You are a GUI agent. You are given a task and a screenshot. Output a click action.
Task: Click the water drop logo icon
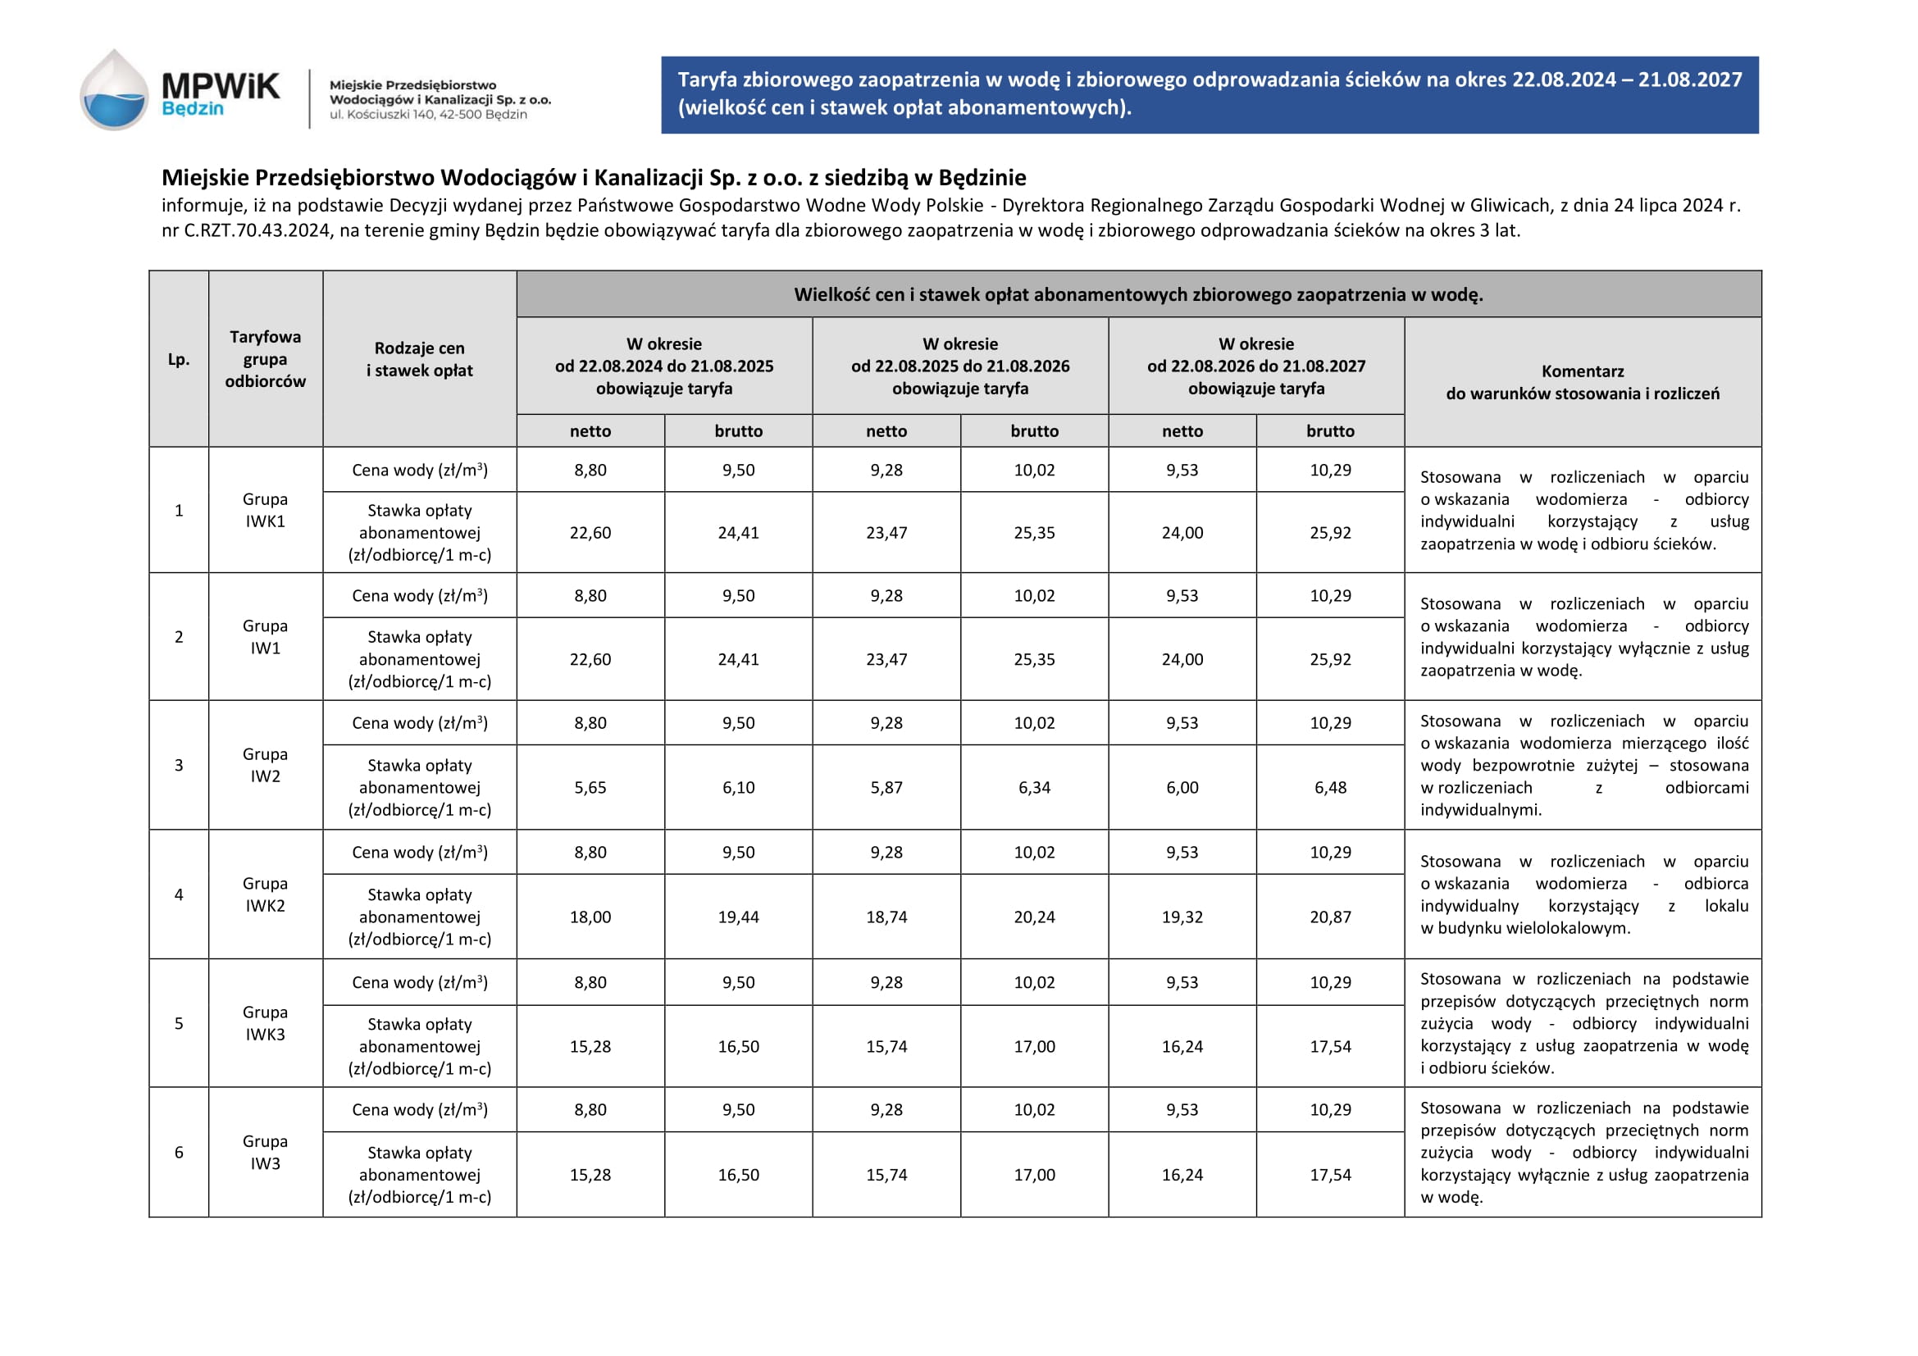point(115,91)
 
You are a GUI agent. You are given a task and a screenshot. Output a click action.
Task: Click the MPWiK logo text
point(220,86)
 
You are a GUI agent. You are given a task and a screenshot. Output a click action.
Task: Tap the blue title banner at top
point(1209,94)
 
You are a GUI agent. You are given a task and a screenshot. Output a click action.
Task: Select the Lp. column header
point(179,359)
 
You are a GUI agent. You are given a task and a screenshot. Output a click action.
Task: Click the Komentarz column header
point(1582,382)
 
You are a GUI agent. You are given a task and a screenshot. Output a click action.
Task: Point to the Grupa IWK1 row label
point(265,510)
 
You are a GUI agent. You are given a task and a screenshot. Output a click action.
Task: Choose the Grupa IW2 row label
point(265,765)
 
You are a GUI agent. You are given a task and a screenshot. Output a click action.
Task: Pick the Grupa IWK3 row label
point(265,1023)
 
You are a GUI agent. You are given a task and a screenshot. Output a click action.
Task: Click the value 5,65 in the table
point(590,787)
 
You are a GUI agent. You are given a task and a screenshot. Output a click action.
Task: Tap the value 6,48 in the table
point(1330,787)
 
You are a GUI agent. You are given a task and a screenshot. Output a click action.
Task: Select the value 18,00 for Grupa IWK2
point(590,917)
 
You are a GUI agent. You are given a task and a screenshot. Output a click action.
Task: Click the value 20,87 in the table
point(1330,917)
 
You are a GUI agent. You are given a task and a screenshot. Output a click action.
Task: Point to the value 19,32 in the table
point(1182,917)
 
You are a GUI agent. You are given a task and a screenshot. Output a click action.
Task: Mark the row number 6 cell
point(179,1152)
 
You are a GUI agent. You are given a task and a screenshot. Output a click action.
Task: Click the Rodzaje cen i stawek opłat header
point(419,359)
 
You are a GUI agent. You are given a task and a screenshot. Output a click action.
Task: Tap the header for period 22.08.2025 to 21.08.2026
point(960,366)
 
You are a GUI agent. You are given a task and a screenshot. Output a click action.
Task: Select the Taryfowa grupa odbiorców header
point(265,359)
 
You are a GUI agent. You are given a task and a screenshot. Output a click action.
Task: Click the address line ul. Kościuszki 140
point(428,116)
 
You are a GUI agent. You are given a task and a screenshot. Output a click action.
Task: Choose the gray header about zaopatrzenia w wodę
point(1138,295)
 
